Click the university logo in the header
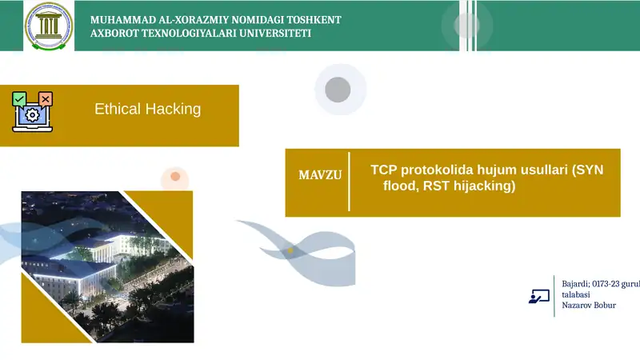click(x=49, y=26)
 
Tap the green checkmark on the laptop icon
click(x=19, y=98)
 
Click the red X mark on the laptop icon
click(x=46, y=98)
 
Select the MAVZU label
click(x=320, y=174)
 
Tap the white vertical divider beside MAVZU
click(x=349, y=182)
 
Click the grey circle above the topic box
click(x=338, y=89)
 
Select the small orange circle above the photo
click(x=175, y=176)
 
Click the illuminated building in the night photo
click(x=89, y=264)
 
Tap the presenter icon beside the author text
click(x=538, y=295)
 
